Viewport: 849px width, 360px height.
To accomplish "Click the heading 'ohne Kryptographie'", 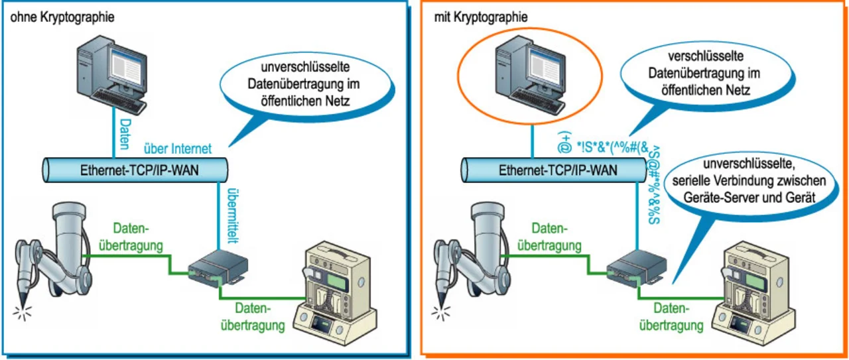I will coord(62,17).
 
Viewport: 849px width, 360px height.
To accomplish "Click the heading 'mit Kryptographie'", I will coord(481,17).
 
